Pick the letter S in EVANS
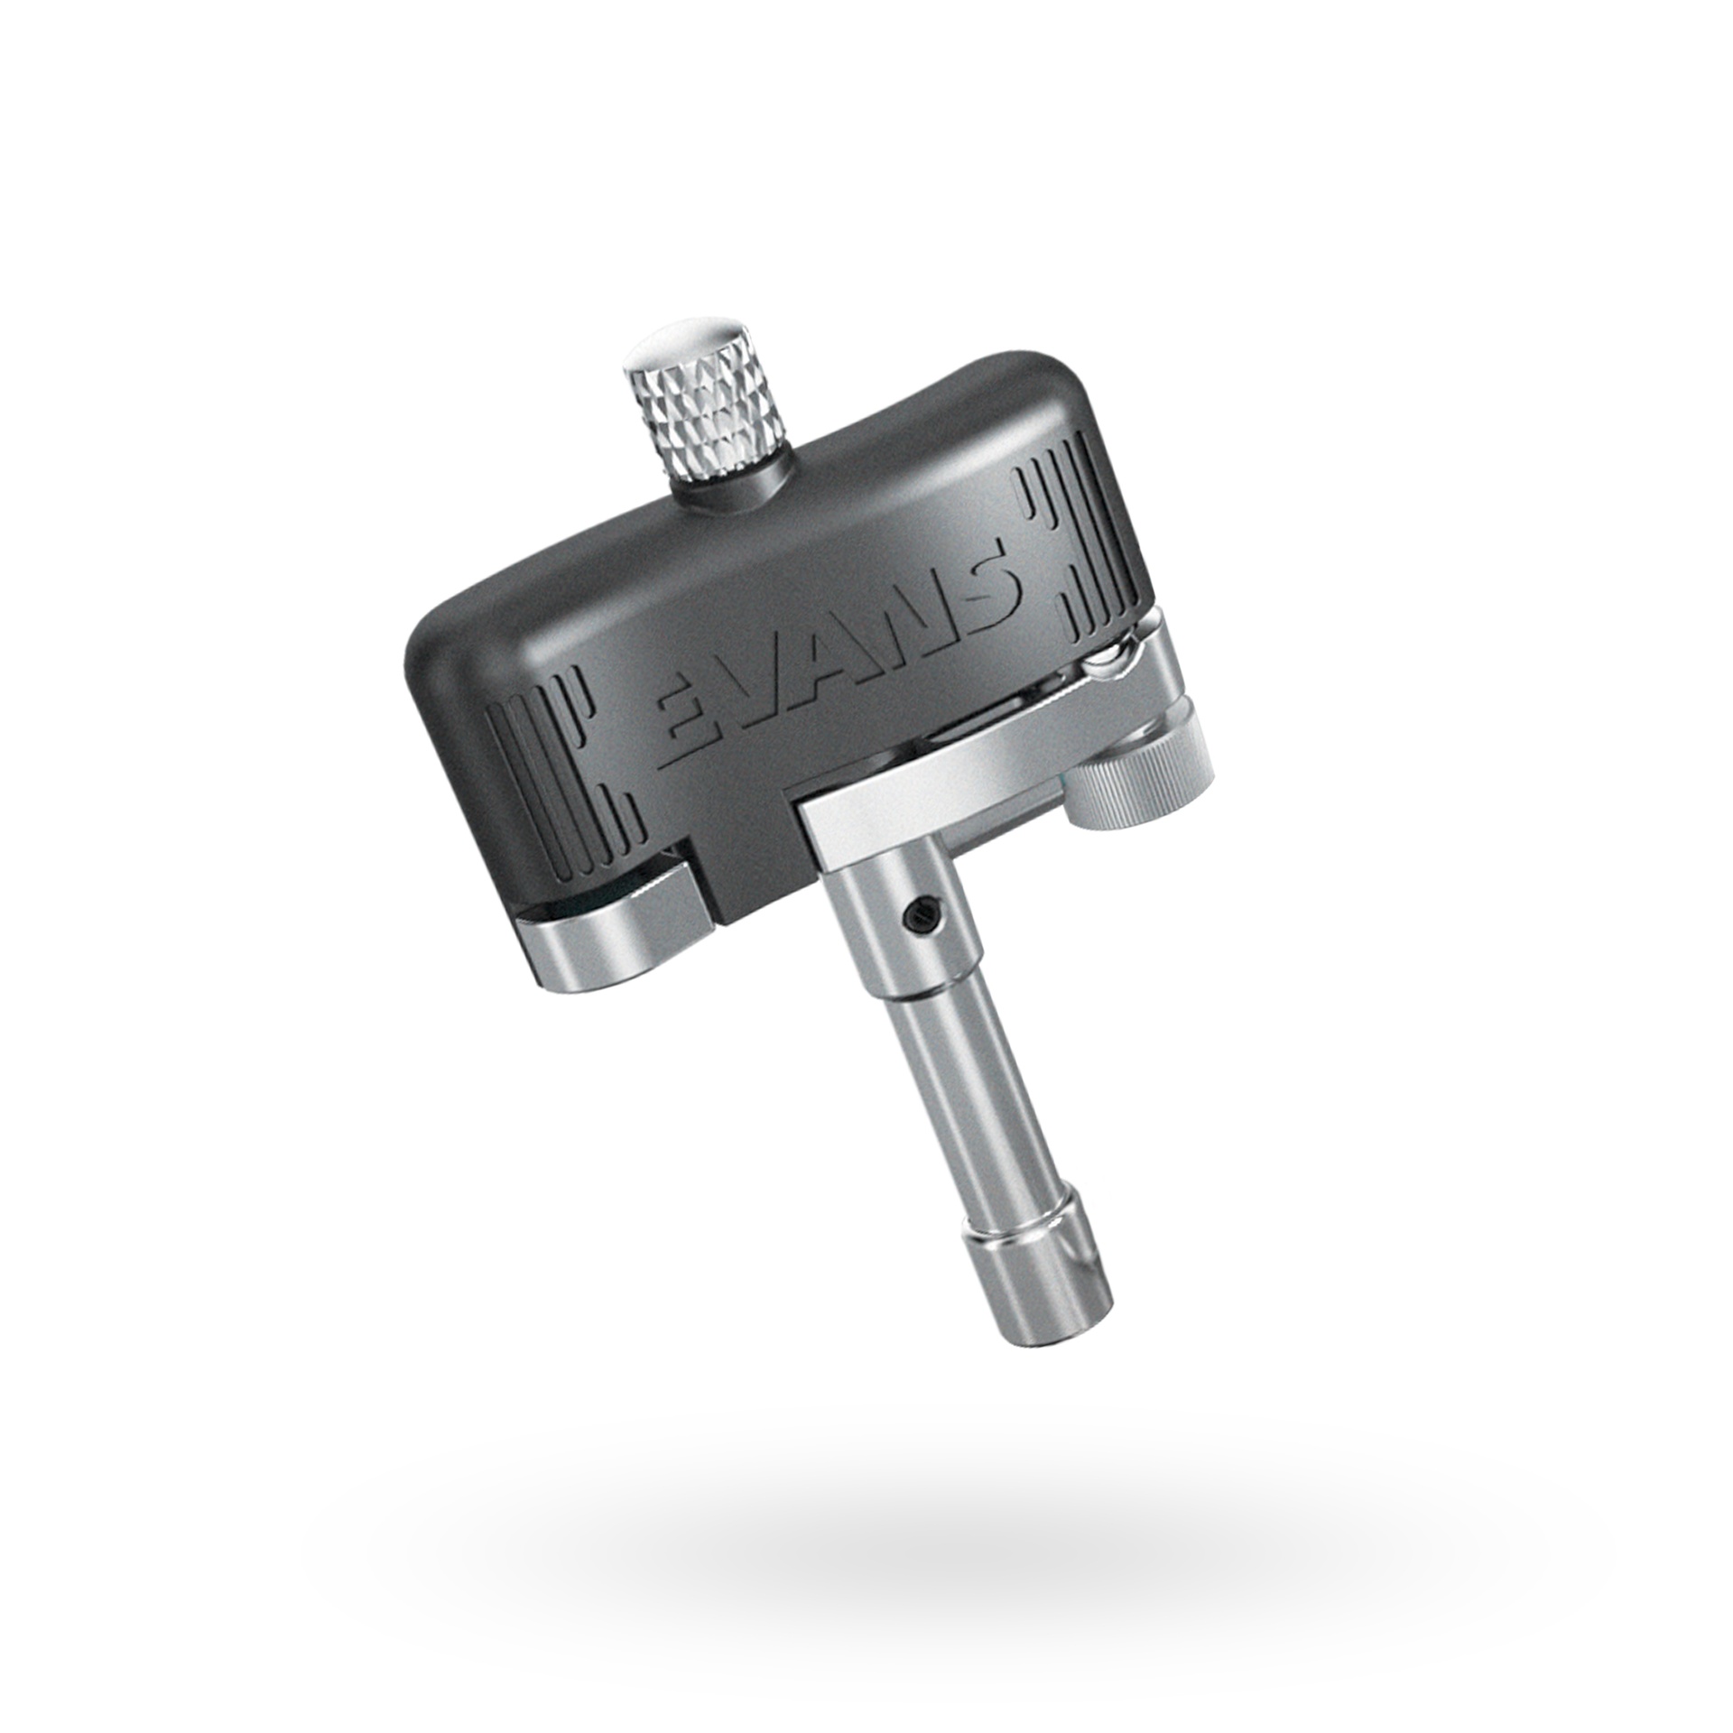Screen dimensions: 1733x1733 [x=993, y=582]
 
